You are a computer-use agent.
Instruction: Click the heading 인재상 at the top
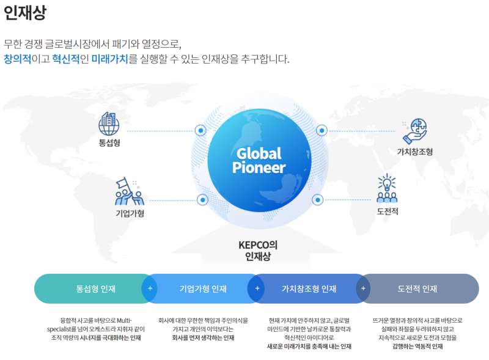(x=25, y=12)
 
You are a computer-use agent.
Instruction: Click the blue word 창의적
(x=18, y=59)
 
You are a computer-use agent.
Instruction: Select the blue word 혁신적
(x=66, y=59)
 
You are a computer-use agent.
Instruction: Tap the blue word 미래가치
(x=110, y=59)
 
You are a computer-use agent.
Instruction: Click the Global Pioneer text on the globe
(x=259, y=160)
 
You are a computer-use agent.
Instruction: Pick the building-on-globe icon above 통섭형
(x=109, y=124)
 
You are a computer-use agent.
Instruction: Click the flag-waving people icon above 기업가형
(x=130, y=191)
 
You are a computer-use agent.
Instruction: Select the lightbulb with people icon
(x=387, y=188)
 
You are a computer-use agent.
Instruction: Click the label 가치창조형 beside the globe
(x=415, y=152)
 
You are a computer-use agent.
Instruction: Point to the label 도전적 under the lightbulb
(x=388, y=211)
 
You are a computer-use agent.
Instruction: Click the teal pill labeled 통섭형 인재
(x=95, y=288)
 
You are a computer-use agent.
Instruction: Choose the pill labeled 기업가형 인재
(x=203, y=288)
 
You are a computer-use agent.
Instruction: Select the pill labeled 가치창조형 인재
(x=309, y=288)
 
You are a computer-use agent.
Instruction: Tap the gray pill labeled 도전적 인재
(x=417, y=288)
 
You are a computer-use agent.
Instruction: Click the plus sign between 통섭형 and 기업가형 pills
(x=150, y=288)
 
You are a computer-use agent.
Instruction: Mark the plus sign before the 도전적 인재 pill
(x=363, y=288)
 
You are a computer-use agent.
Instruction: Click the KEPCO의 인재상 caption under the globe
(x=258, y=251)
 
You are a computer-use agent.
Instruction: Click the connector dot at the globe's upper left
(x=200, y=130)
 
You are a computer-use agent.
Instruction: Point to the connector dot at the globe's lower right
(x=317, y=200)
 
